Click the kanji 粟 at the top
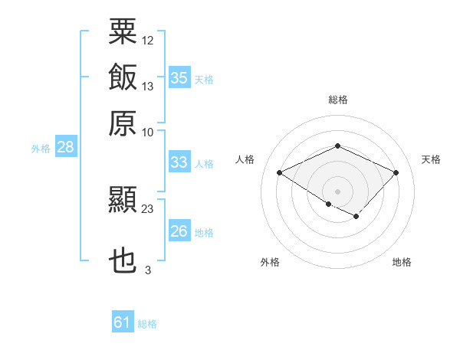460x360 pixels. [x=123, y=31]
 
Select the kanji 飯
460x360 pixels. [x=123, y=77]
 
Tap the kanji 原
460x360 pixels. [x=123, y=123]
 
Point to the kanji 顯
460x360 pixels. [x=123, y=199]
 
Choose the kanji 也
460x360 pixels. [x=123, y=260]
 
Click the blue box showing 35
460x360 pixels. [x=179, y=77]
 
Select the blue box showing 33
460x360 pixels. [x=179, y=162]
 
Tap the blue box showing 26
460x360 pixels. [x=179, y=230]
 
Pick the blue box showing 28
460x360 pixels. [x=66, y=146]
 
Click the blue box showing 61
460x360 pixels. [x=123, y=321]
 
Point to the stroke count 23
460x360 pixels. [x=147, y=209]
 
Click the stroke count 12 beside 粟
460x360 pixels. [x=147, y=41]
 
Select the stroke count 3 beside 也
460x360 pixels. [x=148, y=270]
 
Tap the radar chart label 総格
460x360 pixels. [x=338, y=100]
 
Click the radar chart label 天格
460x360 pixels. [x=431, y=159]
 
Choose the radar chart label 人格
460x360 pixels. [x=245, y=159]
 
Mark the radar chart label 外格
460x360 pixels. [x=270, y=262]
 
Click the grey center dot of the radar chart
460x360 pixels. [x=337, y=191]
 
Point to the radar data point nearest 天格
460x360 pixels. [x=396, y=172]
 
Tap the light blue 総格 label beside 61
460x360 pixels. [x=147, y=324]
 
